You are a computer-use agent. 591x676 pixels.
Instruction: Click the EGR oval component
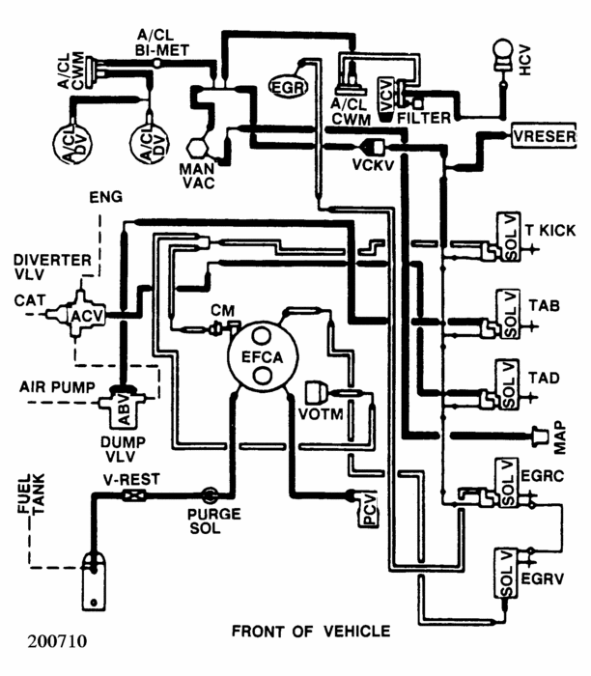tap(288, 87)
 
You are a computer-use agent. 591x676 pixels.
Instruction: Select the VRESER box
tap(544, 136)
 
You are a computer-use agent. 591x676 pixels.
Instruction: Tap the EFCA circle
tap(263, 356)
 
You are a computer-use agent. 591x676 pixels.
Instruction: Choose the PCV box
tap(369, 509)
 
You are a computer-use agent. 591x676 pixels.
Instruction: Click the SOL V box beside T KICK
tap(509, 237)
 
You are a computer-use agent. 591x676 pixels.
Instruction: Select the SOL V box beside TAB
tap(509, 314)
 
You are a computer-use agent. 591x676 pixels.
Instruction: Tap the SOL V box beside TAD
tap(509, 384)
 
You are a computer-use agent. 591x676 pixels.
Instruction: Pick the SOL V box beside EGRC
tap(507, 483)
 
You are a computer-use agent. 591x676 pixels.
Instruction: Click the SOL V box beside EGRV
tap(506, 573)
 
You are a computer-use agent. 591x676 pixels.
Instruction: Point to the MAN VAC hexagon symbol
tap(197, 149)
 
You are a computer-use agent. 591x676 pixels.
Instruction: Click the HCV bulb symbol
tap(503, 55)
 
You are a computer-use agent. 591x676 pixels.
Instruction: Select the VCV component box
tap(386, 99)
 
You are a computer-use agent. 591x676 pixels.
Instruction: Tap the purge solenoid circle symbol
tap(210, 494)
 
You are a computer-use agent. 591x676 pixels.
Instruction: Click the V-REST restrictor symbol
tap(133, 494)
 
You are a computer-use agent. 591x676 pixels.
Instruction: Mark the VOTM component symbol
tap(317, 392)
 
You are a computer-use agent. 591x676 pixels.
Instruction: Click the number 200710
tap(57, 641)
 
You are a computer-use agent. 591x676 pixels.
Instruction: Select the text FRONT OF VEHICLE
tap(311, 632)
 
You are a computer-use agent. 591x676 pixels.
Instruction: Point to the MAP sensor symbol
tap(540, 437)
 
